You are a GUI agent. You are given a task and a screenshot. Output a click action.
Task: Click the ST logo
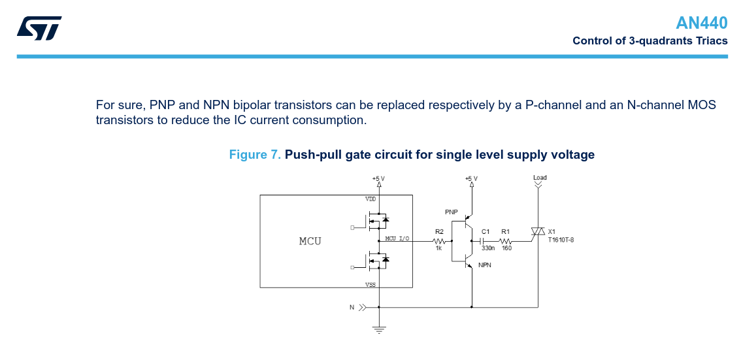(x=39, y=28)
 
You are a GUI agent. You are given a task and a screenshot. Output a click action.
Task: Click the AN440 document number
(x=701, y=24)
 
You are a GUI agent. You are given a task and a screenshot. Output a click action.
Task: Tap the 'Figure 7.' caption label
(x=255, y=155)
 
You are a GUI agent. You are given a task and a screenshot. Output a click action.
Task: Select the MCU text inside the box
(x=310, y=241)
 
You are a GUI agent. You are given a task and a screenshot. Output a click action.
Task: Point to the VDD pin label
(x=370, y=199)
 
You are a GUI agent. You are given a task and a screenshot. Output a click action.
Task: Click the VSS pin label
(x=370, y=285)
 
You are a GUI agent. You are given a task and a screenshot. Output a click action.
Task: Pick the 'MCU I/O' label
(x=397, y=238)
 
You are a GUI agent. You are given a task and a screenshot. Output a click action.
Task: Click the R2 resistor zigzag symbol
(x=438, y=241)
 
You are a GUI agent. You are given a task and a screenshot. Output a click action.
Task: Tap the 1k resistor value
(x=438, y=248)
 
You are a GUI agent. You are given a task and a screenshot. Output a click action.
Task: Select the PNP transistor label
(x=451, y=212)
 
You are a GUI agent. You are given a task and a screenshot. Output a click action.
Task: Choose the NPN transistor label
(x=485, y=265)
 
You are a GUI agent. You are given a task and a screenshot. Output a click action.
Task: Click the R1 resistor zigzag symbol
(x=506, y=241)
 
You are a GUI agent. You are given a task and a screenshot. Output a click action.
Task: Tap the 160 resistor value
(x=506, y=248)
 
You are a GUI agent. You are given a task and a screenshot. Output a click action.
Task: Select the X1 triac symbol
(x=538, y=232)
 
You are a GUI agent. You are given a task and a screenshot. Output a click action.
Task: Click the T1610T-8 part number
(x=561, y=240)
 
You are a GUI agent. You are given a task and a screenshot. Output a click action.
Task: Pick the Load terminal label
(x=540, y=178)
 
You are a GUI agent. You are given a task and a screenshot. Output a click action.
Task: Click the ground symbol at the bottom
(x=379, y=329)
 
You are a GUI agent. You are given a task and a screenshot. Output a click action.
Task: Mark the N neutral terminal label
(x=352, y=306)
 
